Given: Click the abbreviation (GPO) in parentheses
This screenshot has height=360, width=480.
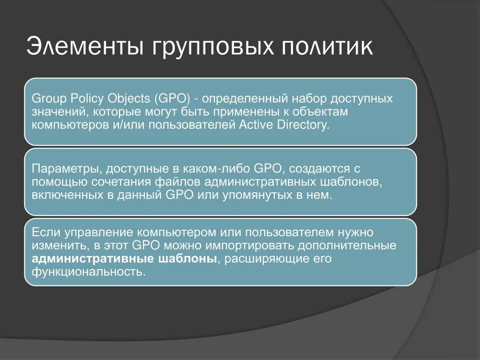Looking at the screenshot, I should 174,99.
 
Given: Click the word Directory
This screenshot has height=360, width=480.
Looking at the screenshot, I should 301,126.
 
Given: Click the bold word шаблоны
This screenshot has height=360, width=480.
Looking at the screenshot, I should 188,259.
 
